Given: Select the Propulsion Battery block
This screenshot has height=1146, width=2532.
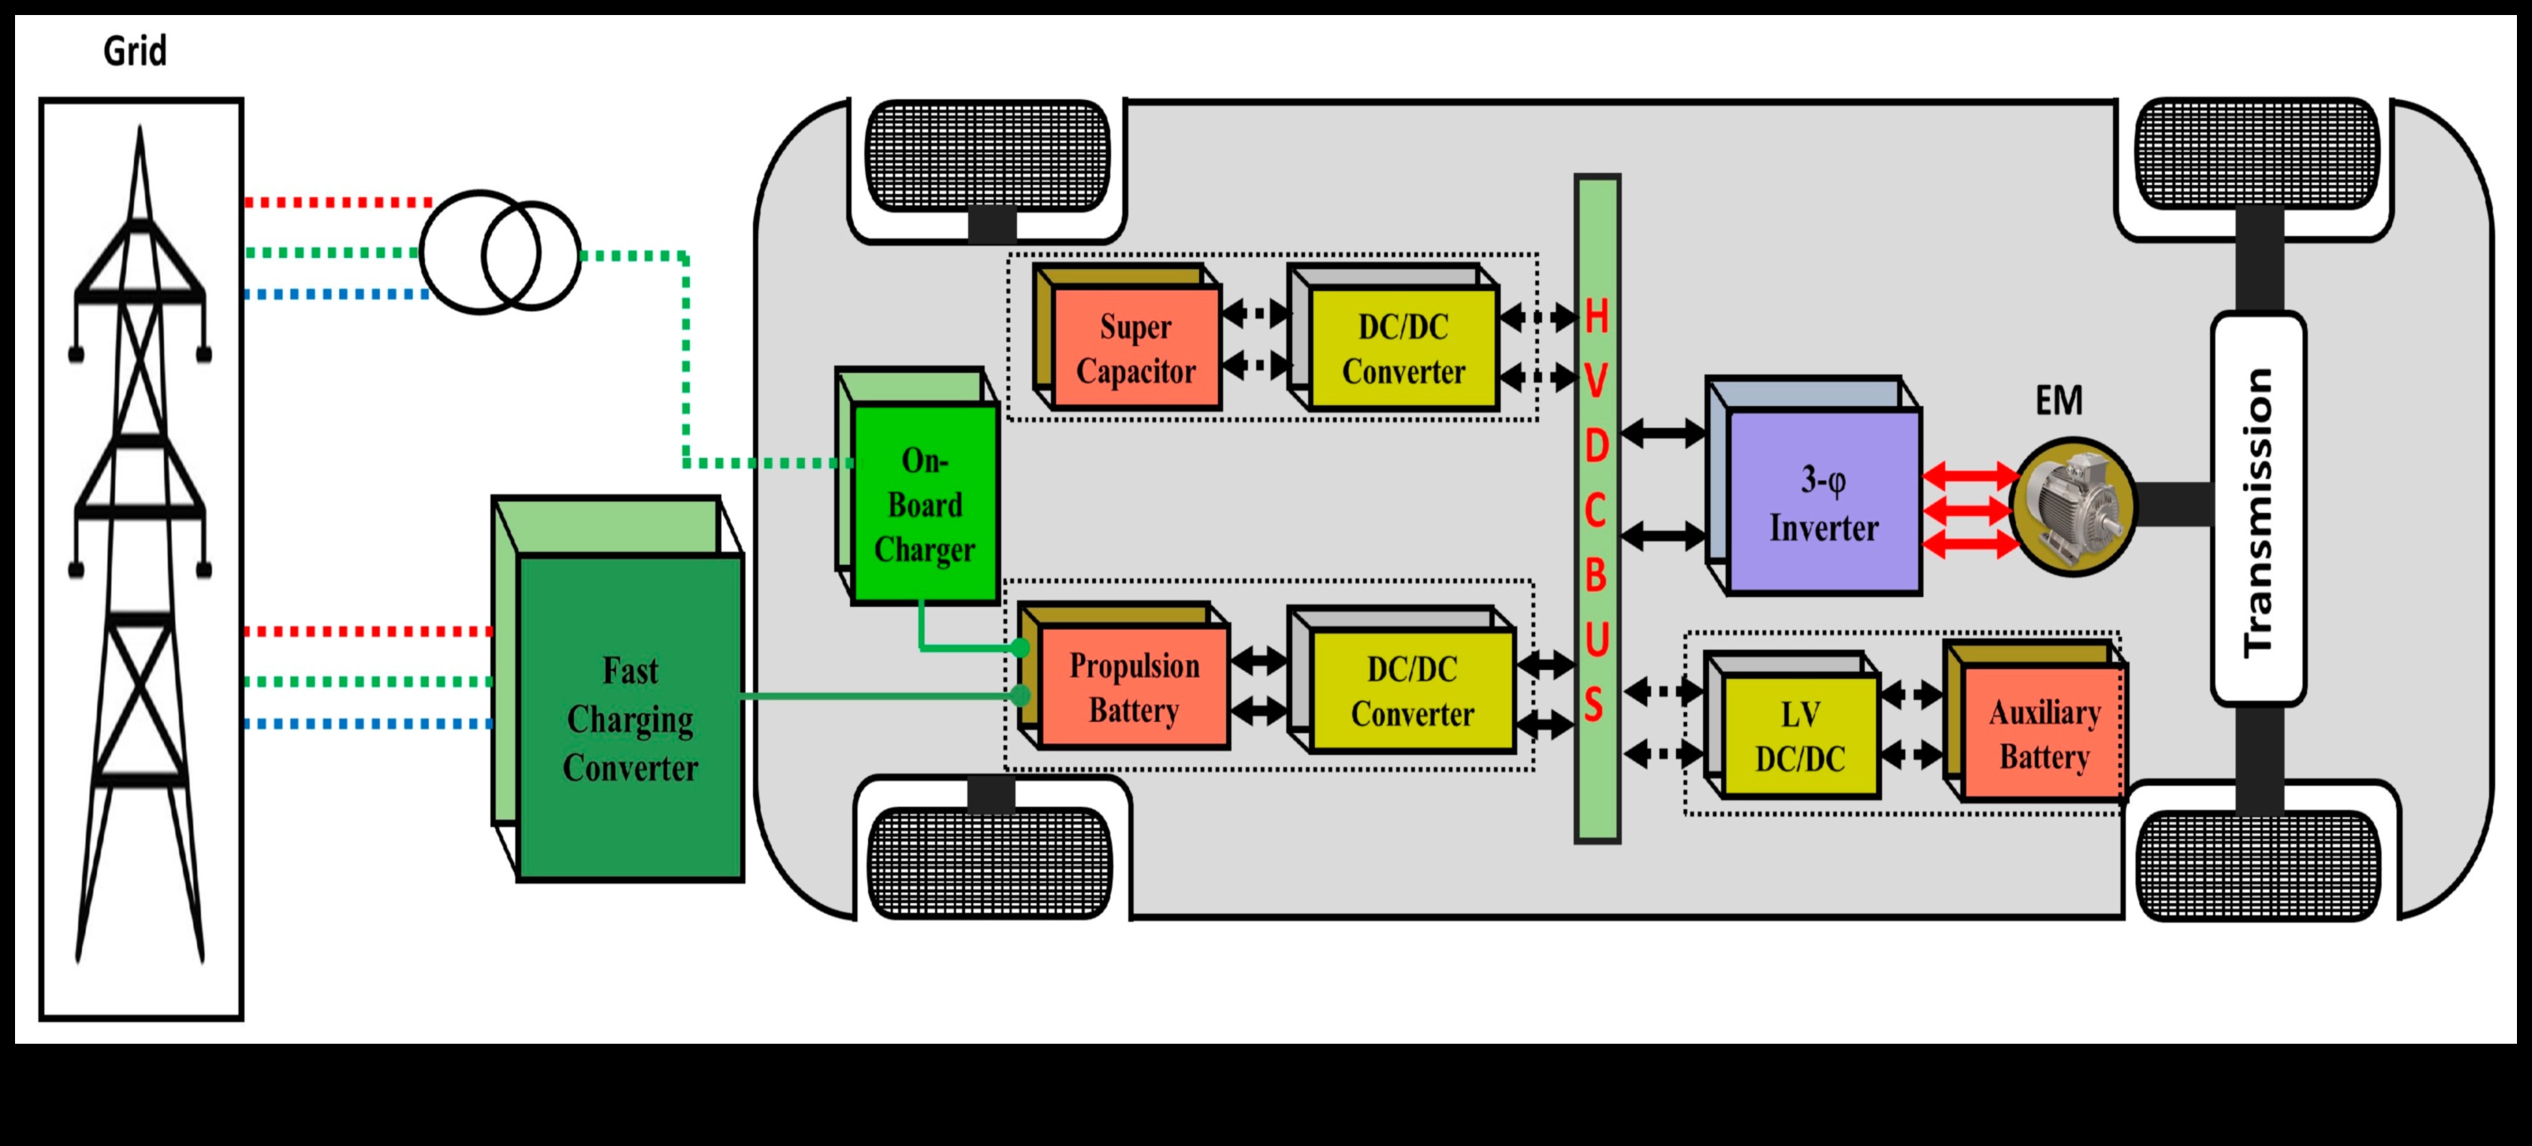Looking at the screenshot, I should (x=1134, y=687).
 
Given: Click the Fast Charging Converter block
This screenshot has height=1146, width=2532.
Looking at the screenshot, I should (x=630, y=717).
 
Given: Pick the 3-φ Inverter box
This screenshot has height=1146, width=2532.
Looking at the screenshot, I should (x=1823, y=502).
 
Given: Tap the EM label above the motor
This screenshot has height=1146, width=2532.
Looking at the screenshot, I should (x=2059, y=400).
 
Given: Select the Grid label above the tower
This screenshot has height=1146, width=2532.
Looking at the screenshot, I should (x=135, y=51).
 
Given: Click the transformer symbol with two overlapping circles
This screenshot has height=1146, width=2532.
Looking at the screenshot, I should (x=500, y=253).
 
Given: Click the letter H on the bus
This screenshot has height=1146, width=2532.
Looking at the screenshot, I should (x=1596, y=317).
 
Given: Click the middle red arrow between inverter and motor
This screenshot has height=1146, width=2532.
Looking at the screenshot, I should (x=1968, y=510).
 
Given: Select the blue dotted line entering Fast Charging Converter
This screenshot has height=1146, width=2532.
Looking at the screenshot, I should (x=368, y=723).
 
